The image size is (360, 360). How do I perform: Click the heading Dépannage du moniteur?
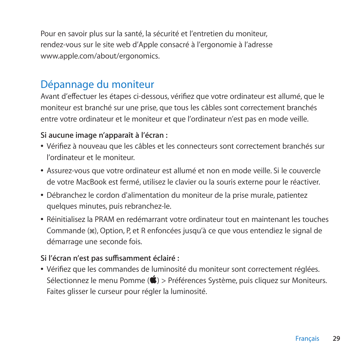point(97,84)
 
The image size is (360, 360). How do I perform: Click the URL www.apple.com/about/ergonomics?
point(100,56)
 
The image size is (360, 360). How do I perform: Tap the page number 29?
point(336,338)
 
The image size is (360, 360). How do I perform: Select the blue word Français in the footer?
point(307,338)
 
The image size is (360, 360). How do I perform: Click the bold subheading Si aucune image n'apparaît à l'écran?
point(104,135)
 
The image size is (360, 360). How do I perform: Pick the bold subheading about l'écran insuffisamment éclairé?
point(110,258)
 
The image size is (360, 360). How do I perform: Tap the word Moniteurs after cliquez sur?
point(311,280)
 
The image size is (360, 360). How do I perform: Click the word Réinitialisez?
point(66,219)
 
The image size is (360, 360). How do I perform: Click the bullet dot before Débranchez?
point(42,195)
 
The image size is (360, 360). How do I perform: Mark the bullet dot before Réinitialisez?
point(42,220)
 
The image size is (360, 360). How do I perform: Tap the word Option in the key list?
point(111,231)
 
